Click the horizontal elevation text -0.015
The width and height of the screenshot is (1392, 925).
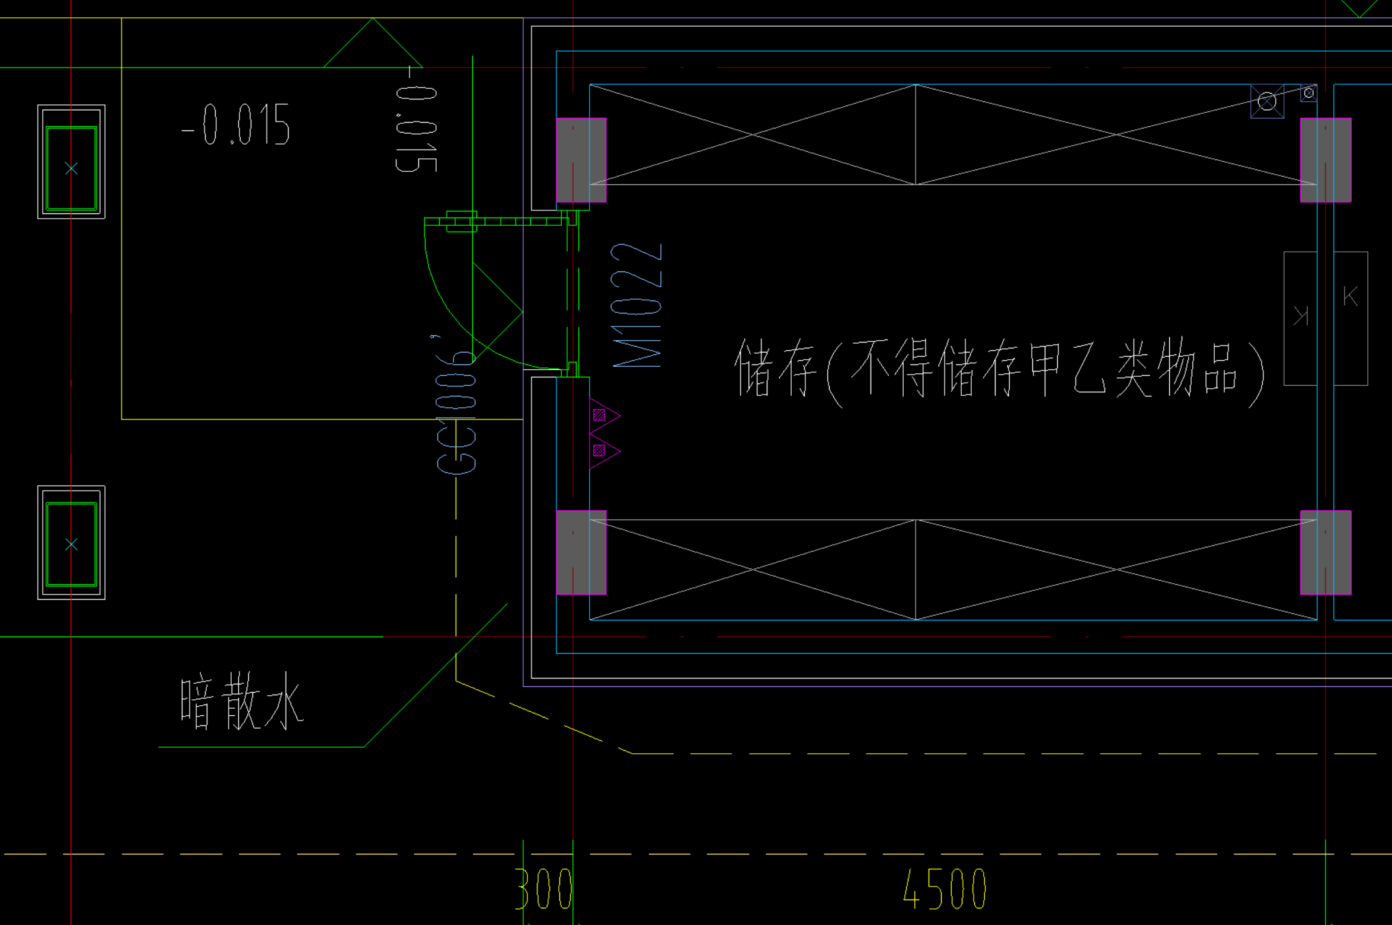[x=236, y=125]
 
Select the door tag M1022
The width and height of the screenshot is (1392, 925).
[x=636, y=306]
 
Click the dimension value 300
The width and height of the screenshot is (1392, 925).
[x=544, y=889]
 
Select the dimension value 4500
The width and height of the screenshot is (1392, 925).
[x=945, y=889]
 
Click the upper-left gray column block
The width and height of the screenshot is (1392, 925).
[x=581, y=160]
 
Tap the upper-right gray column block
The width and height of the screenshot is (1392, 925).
[x=1326, y=160]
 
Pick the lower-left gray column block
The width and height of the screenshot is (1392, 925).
[x=581, y=552]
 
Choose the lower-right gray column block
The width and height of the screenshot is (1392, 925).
[x=1326, y=552]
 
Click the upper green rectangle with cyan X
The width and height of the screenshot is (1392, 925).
[x=71, y=168]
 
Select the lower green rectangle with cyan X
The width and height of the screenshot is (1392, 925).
[x=71, y=544]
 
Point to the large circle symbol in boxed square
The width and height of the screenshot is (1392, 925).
[x=1267, y=101]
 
